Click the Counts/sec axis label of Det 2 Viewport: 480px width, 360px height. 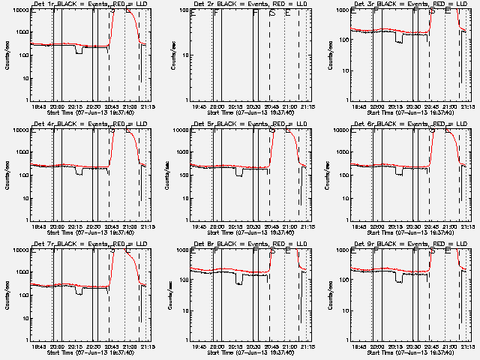(171, 56)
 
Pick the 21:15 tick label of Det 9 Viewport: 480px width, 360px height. (467, 347)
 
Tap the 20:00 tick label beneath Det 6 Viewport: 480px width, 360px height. (378, 227)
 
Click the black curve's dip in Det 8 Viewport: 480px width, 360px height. (238, 283)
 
